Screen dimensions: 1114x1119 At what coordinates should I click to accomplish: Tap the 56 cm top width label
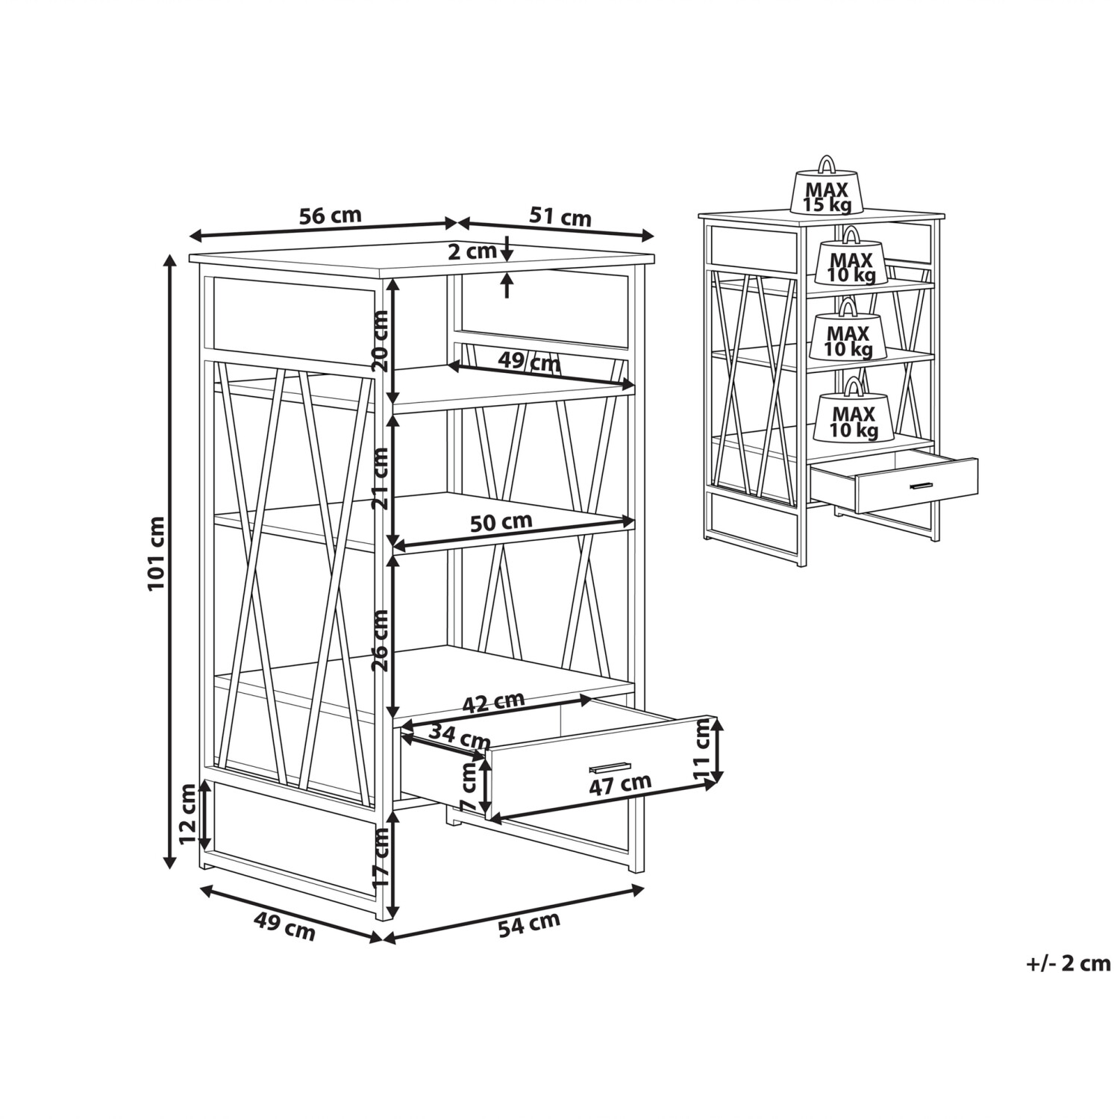[330, 216]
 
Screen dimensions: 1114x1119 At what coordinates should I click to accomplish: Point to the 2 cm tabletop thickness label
[472, 251]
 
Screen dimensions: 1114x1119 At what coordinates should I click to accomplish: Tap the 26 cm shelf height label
[381, 640]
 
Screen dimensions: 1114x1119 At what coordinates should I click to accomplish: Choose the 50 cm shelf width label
[501, 521]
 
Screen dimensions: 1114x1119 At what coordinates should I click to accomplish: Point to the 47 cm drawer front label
[620, 784]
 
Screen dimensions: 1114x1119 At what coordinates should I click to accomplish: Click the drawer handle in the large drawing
[610, 766]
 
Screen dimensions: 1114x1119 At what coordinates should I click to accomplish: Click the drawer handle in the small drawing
[921, 486]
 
